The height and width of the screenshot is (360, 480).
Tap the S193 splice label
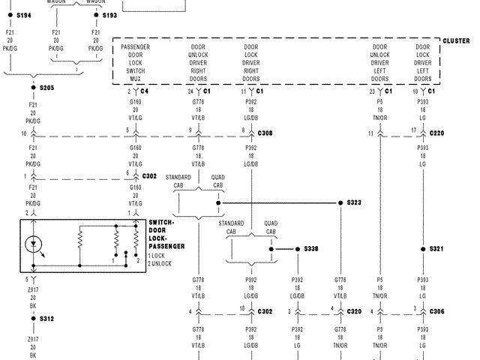109,15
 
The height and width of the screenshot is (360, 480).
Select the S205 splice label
47,88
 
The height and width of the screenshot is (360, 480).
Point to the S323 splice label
354,202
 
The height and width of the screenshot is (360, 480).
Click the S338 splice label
311,248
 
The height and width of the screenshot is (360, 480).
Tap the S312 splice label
46,318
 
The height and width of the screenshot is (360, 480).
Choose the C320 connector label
354,310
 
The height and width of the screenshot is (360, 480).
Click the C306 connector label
437,310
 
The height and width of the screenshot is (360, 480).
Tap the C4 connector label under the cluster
144,91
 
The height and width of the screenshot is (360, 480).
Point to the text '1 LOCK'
159,256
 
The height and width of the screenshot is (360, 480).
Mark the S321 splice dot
422,248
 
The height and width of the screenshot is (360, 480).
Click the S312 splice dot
33,318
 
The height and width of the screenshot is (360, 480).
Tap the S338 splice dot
297,248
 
